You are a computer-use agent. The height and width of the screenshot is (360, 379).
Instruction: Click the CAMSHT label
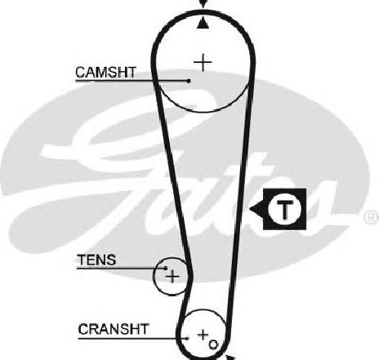coord(105,72)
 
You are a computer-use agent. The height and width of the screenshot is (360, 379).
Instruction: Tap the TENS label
coord(96,260)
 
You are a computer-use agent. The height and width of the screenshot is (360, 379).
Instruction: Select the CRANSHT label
coord(114,329)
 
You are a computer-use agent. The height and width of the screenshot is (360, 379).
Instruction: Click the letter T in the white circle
coord(284,210)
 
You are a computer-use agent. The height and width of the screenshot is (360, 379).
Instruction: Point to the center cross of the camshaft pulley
coord(203,63)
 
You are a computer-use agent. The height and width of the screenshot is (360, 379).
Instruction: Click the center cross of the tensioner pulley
coord(172,277)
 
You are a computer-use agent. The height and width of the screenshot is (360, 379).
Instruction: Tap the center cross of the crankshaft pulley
coord(203,335)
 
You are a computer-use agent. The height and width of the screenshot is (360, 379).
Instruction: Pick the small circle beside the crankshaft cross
coord(213,344)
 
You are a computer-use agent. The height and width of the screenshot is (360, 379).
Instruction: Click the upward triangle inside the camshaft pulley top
coord(203,24)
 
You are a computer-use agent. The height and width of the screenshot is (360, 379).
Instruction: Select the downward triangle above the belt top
coord(203,3)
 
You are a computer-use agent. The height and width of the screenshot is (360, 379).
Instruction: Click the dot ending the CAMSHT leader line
coord(189,81)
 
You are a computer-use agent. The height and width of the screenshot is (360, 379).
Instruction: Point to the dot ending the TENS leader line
coord(166,269)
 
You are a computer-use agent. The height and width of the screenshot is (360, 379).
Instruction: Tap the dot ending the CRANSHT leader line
coord(187,339)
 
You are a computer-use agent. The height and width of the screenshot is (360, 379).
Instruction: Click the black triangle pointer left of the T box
coord(256,209)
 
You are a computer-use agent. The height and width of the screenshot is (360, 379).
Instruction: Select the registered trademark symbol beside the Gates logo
coord(372,217)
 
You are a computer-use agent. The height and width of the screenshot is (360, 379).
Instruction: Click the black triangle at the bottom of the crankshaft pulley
coord(230,358)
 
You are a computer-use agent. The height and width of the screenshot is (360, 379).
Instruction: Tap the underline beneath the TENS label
coord(121,269)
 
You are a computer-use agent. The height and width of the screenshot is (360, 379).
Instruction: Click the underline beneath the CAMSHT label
coord(132,81)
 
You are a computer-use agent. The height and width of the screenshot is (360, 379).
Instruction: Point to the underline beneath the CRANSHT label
coord(132,339)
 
